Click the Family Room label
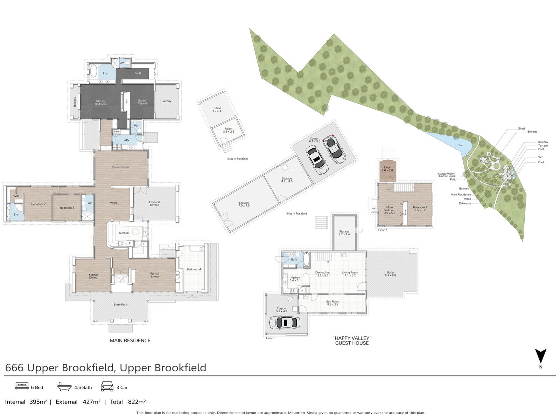pyautogui.click(x=120, y=167)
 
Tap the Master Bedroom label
pyautogui.click(x=100, y=103)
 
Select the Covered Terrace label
pyautogui.click(x=154, y=203)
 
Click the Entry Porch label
pyautogui.click(x=121, y=305)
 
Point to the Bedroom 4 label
pyautogui.click(x=194, y=269)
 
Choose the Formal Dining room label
pyautogui.click(x=93, y=276)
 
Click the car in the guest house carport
pyautogui.click(x=283, y=322)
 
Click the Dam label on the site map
pyautogui.click(x=461, y=145)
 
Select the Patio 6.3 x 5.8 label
pyautogui.click(x=390, y=274)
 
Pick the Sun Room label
pyautogui.click(x=332, y=303)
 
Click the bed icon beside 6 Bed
pyautogui.click(x=22, y=386)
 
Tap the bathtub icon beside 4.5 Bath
pyautogui.click(x=65, y=386)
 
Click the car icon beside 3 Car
pyautogui.click(x=107, y=386)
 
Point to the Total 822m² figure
pyautogui.click(x=128, y=402)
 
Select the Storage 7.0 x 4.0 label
pyautogui.click(x=244, y=204)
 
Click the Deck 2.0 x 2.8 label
pyautogui.click(x=387, y=169)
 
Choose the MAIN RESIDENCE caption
pyautogui.click(x=130, y=341)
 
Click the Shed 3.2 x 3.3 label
pyautogui.click(x=218, y=110)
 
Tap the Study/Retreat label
pyautogui.click(x=142, y=102)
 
